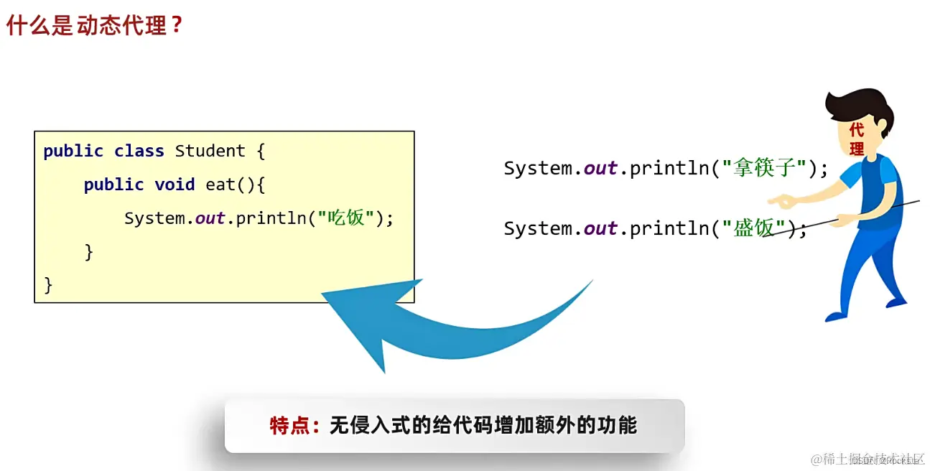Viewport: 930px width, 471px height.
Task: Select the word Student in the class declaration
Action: (210, 151)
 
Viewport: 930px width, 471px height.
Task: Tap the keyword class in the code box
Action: (140, 151)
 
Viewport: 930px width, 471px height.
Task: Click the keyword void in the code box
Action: (175, 185)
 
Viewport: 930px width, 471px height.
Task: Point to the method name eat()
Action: (231, 185)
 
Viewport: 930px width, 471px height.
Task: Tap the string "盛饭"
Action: (753, 229)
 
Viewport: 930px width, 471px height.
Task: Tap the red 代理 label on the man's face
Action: (856, 140)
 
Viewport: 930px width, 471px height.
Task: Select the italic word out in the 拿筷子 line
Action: (600, 169)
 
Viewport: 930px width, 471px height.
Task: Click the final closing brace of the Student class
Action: (49, 285)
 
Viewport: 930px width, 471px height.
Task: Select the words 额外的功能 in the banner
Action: (585, 426)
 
